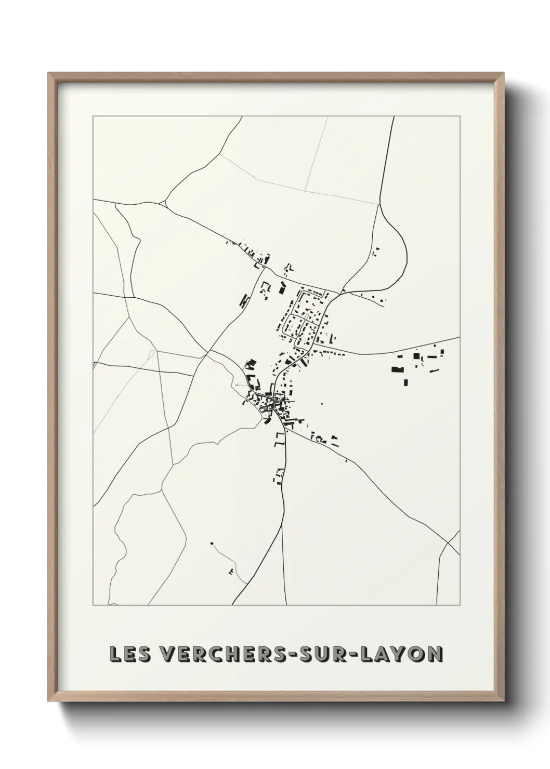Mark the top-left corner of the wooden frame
point(48,73)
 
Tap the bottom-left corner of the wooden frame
point(48,699)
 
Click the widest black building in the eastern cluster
point(398,369)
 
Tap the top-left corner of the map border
point(93,116)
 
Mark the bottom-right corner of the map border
point(460,605)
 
